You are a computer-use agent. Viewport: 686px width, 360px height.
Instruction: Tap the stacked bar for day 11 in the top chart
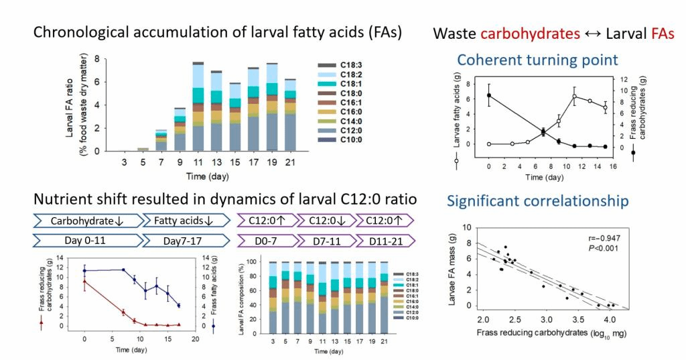tap(198, 107)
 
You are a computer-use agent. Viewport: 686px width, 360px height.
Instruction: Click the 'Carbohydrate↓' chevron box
tap(86, 220)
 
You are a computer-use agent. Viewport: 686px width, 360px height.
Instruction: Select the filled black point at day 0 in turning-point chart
tap(488, 95)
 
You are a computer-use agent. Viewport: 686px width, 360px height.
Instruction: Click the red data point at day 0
tap(84, 282)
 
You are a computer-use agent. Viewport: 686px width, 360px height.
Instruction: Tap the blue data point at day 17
tap(179, 305)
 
